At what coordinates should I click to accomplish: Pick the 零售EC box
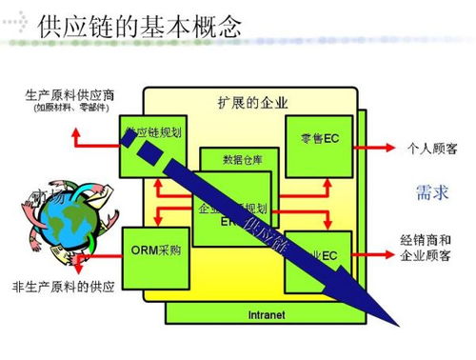point(317,139)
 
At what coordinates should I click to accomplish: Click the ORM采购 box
point(152,252)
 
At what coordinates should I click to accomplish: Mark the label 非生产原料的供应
point(63,288)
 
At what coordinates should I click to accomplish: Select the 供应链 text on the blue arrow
point(268,234)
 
